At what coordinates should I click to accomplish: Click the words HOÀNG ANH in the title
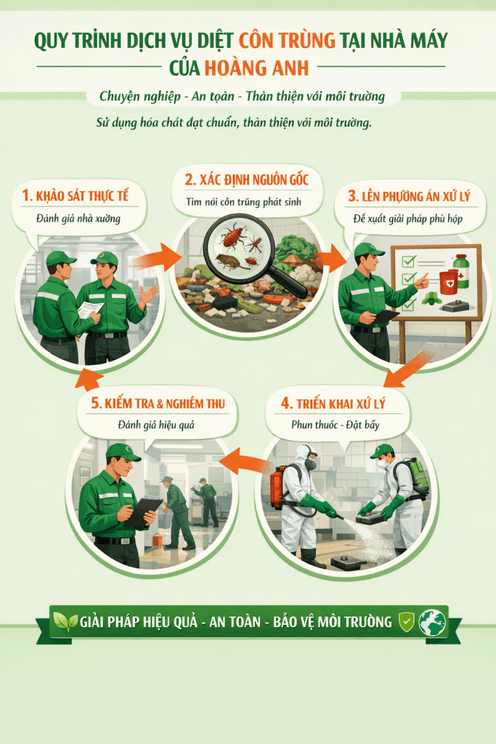coord(256,68)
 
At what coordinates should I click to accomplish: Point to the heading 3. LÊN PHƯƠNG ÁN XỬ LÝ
coord(407,197)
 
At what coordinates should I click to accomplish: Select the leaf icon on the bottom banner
coord(65,623)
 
